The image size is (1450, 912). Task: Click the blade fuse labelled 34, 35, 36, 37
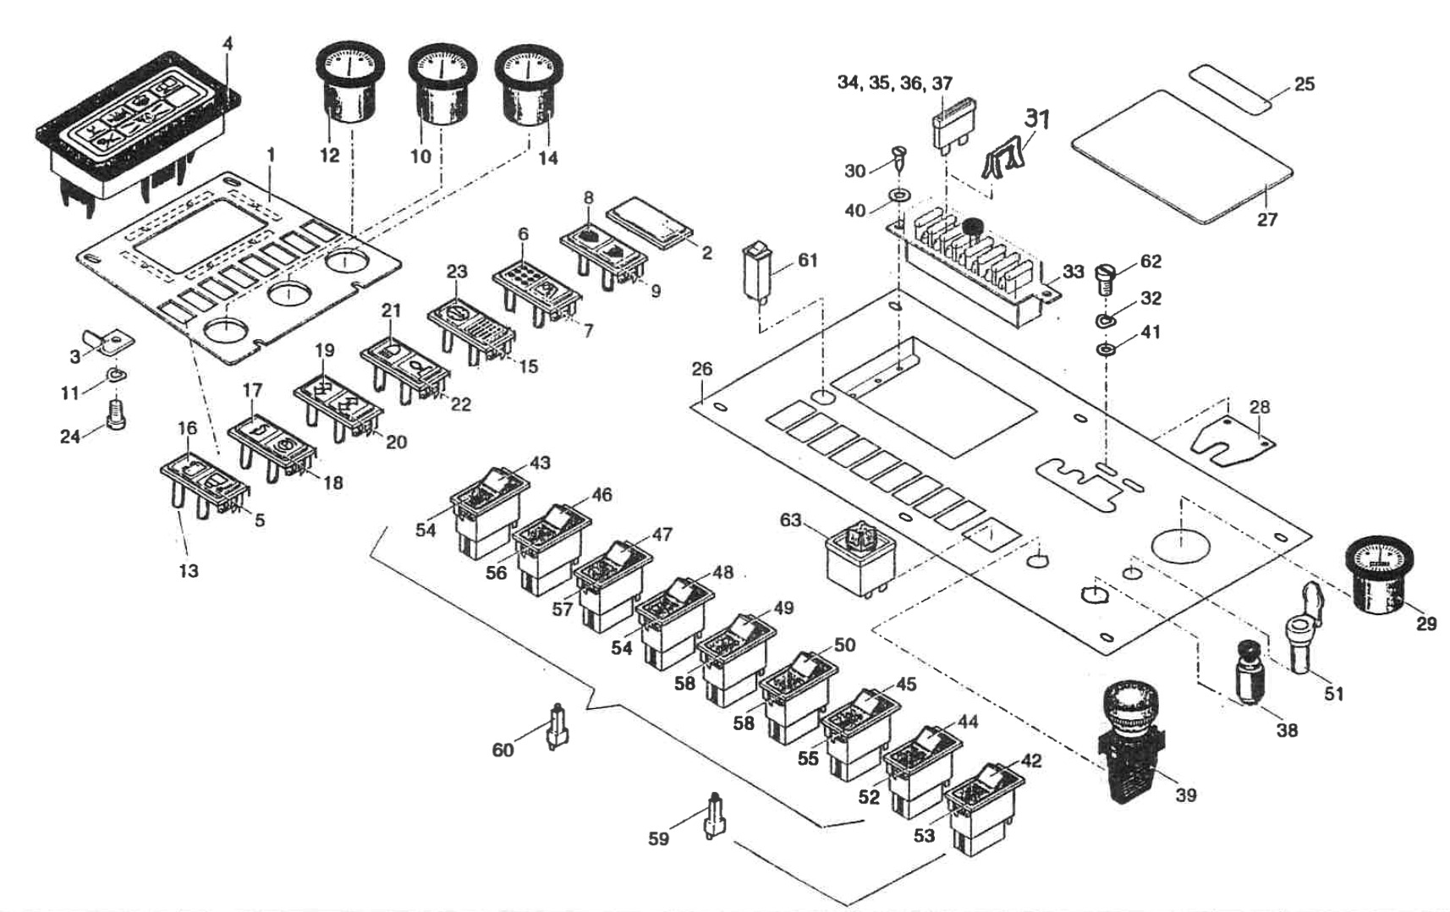(x=949, y=128)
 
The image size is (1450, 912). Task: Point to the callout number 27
(x=1266, y=220)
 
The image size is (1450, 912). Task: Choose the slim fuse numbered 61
(x=755, y=271)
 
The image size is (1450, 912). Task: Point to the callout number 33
(x=1073, y=272)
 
